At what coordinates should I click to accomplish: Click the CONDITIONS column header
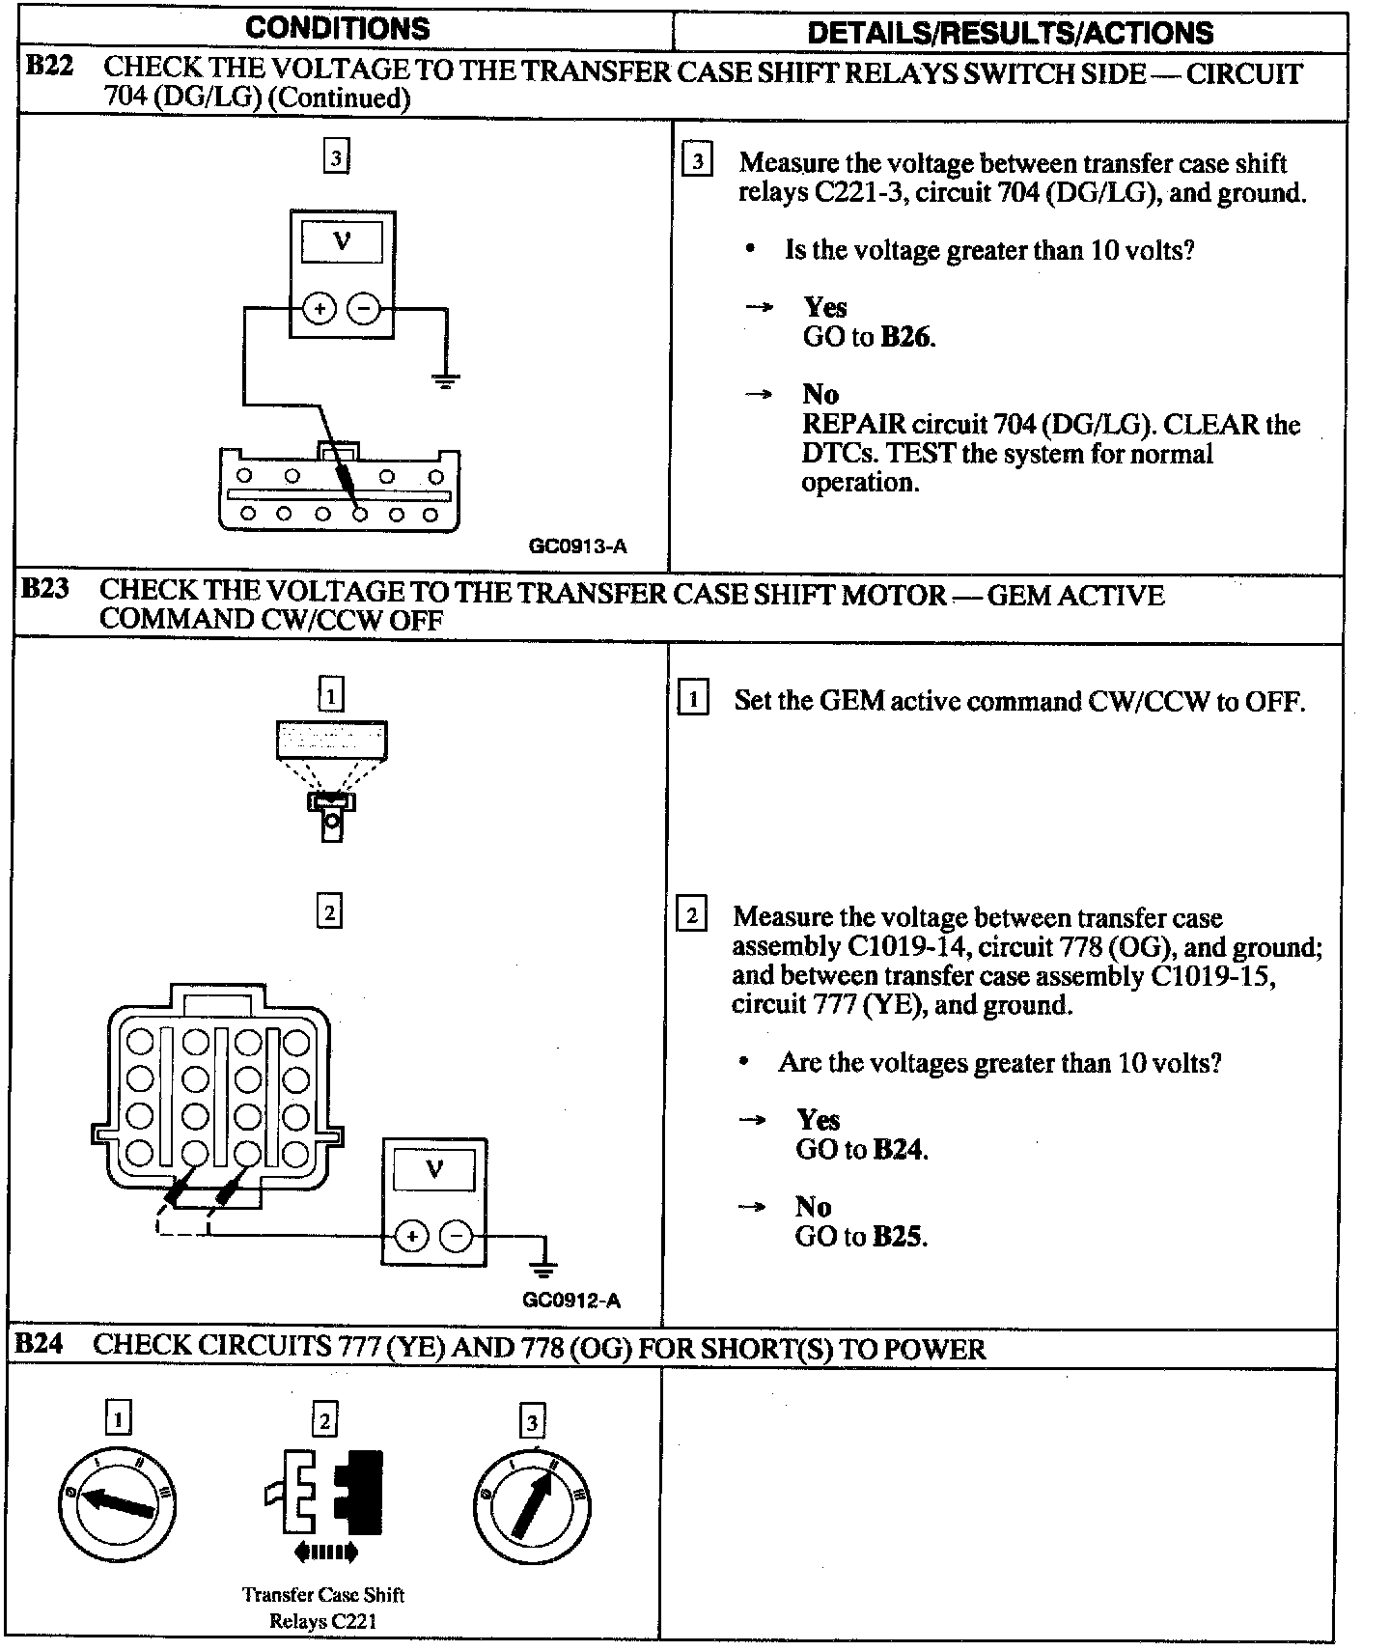point(337,28)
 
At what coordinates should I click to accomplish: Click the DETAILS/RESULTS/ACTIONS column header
point(1010,33)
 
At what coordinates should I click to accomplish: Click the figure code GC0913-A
point(577,546)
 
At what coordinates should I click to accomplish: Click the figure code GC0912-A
point(571,1300)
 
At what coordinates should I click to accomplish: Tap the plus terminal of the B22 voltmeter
point(320,309)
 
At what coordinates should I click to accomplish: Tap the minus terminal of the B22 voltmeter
point(363,309)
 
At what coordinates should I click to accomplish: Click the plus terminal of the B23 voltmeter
point(411,1237)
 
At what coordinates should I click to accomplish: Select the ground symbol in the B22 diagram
point(445,379)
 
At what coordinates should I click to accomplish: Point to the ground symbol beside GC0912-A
point(544,1266)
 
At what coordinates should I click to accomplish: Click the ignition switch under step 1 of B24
point(117,1502)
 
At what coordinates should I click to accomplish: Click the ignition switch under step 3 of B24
point(532,1505)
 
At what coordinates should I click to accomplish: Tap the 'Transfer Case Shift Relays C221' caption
point(322,1608)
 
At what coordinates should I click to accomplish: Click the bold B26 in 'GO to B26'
point(907,337)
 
